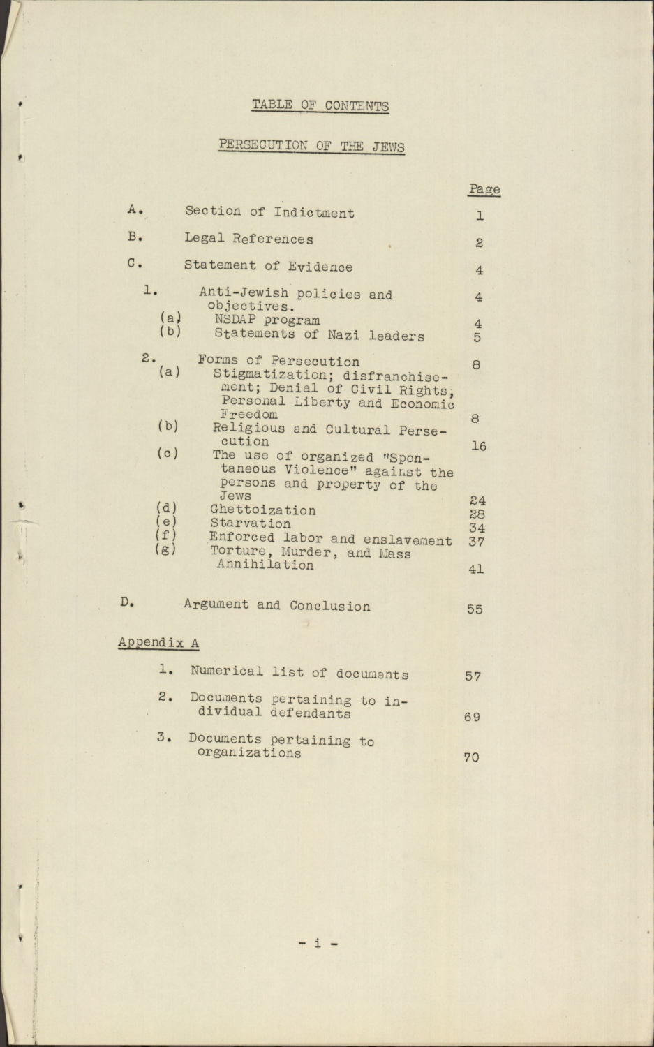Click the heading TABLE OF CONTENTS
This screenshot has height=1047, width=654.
320,105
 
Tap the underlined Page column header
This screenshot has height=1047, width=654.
484,189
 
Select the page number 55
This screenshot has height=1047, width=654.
475,609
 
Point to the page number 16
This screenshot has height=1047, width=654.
478,446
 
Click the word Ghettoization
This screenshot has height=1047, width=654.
262,510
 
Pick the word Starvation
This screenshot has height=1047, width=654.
251,523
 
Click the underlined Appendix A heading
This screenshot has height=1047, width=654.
158,642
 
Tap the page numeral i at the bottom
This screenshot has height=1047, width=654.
318,944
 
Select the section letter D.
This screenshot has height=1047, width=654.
126,602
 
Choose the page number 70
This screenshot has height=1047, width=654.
471,757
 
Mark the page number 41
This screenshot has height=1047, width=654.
475,569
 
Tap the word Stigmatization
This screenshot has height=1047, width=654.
268,375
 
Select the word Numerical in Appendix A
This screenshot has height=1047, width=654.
226,672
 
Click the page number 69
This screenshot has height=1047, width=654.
472,716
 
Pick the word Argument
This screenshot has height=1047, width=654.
215,604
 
